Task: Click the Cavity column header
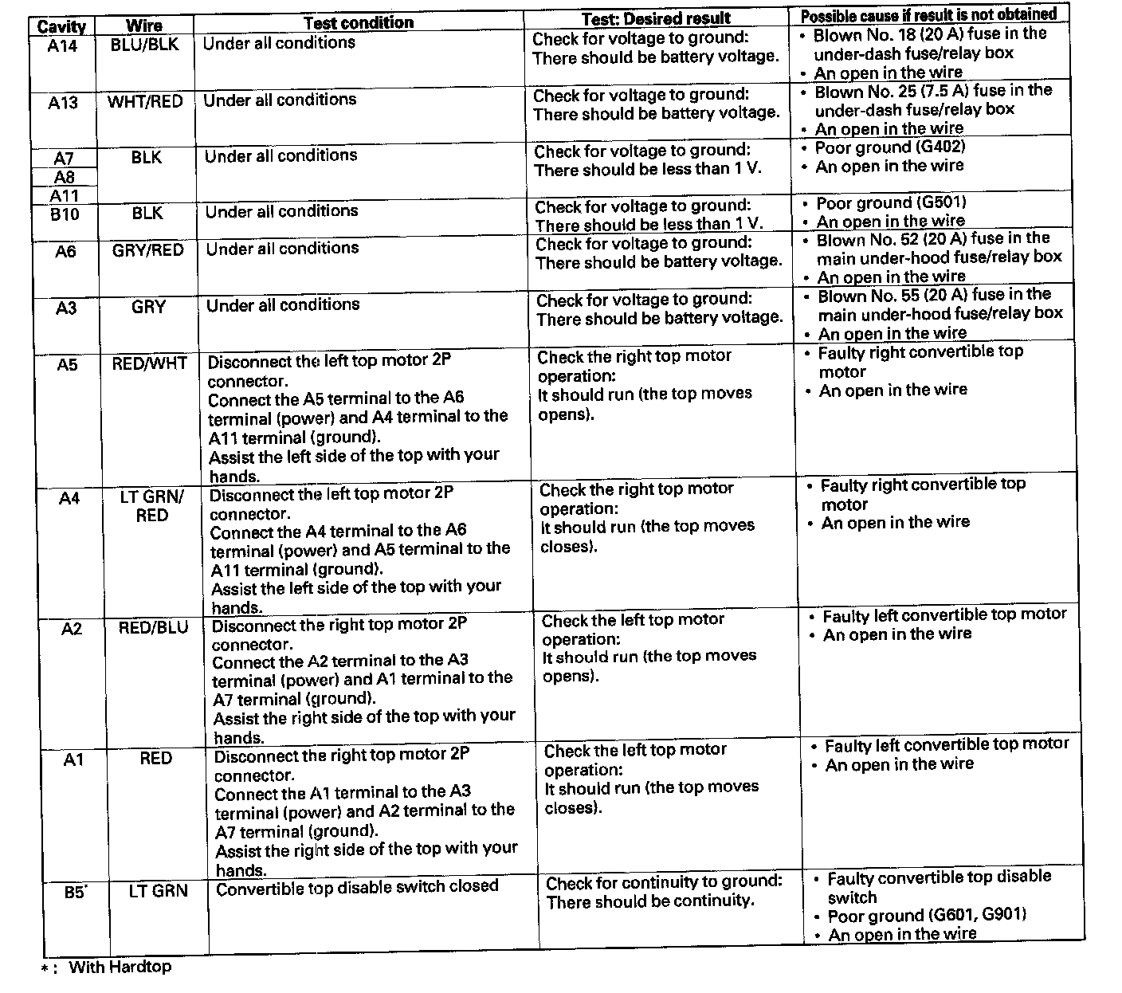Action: point(61,27)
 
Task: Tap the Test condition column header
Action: point(359,22)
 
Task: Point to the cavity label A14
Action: point(62,45)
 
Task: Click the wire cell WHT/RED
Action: point(145,101)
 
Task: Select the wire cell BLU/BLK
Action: point(145,45)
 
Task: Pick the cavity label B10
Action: point(65,214)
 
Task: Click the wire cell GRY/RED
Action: point(147,250)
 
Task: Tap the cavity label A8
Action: point(65,177)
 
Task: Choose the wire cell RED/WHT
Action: point(150,364)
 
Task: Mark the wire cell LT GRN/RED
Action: point(151,506)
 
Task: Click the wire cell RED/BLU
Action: point(153,628)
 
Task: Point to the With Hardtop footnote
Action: point(120,967)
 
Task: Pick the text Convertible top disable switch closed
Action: point(357,886)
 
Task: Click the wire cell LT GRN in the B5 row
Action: point(158,890)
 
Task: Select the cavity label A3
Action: point(66,308)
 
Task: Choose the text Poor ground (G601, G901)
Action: point(927,915)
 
